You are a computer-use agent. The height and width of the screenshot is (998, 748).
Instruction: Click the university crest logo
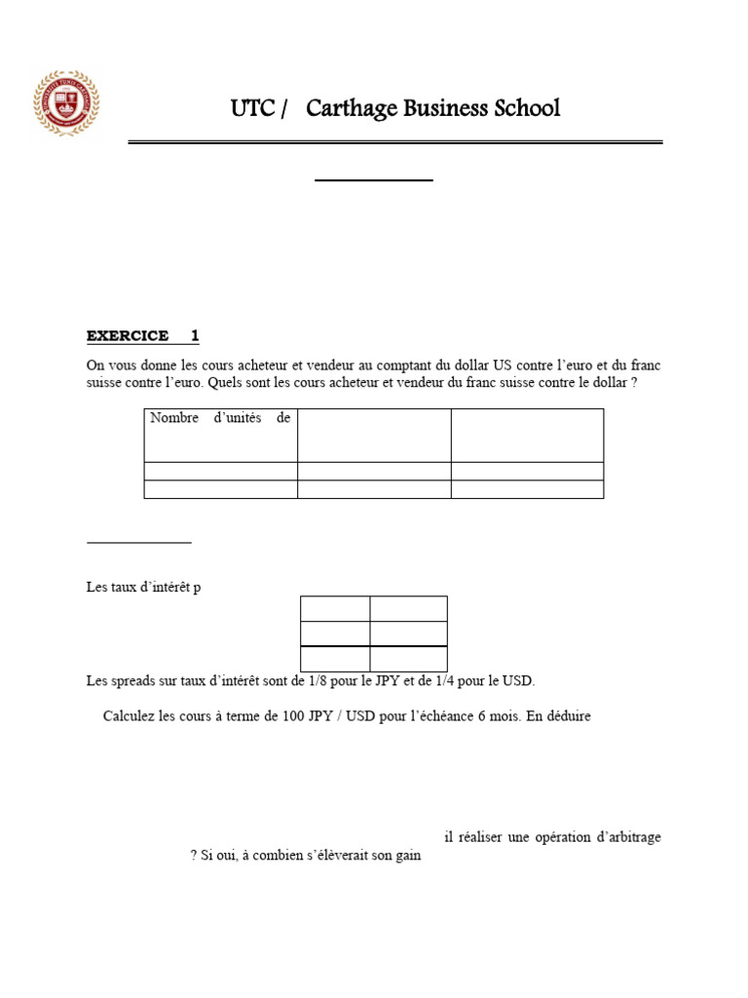point(66,102)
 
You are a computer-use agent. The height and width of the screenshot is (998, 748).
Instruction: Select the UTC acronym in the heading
point(251,108)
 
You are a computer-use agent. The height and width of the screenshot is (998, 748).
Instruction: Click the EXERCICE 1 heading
point(142,336)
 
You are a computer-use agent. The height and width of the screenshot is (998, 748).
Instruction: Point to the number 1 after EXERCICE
point(195,336)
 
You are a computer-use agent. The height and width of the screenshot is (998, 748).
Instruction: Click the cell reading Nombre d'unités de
point(219,418)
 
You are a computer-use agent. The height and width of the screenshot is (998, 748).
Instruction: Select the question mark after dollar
point(634,383)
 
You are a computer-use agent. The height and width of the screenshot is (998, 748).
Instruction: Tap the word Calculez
point(130,716)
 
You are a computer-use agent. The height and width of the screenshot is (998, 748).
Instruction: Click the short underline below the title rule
point(374,180)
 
